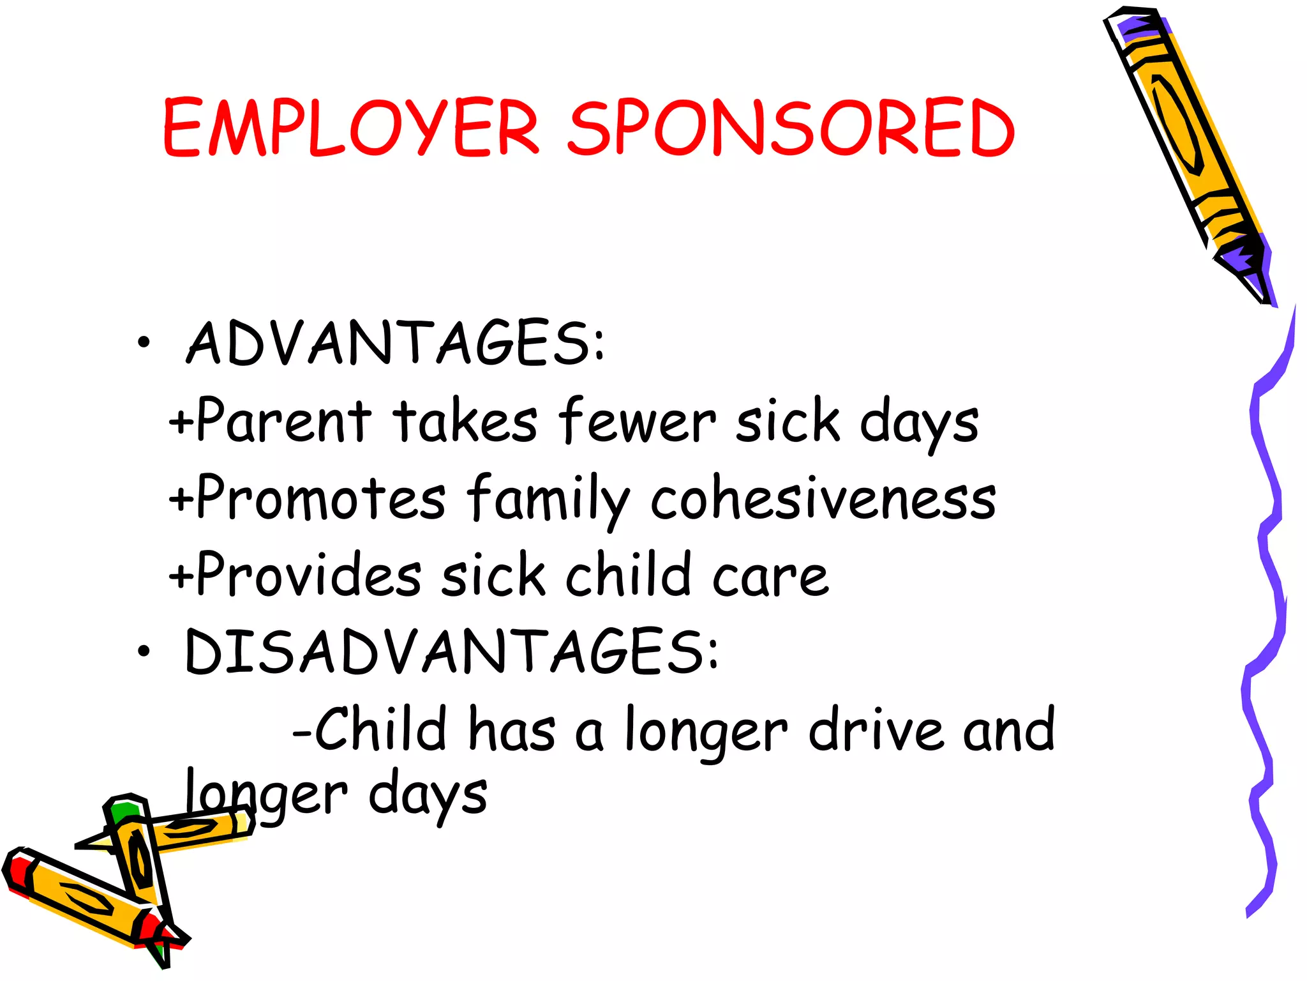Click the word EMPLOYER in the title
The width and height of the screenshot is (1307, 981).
point(351,128)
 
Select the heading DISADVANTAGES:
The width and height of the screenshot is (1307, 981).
point(451,651)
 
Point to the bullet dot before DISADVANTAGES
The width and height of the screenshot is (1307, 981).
point(144,651)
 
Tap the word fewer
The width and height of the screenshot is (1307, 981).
point(637,421)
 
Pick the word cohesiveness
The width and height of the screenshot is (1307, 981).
point(823,499)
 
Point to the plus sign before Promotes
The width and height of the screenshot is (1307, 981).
point(181,499)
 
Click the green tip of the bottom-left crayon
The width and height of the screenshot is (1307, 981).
point(123,812)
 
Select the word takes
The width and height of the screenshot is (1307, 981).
point(465,421)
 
